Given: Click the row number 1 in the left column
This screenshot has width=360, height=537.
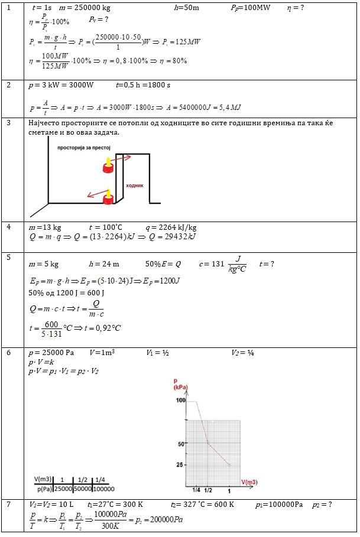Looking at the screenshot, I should point(8,8).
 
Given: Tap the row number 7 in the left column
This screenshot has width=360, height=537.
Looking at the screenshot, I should point(8,505).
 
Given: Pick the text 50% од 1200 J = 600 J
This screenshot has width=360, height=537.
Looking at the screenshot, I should point(66,292).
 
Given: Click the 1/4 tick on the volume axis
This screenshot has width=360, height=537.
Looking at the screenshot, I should point(196,490).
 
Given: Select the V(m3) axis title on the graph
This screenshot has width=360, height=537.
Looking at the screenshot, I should point(249,482).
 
